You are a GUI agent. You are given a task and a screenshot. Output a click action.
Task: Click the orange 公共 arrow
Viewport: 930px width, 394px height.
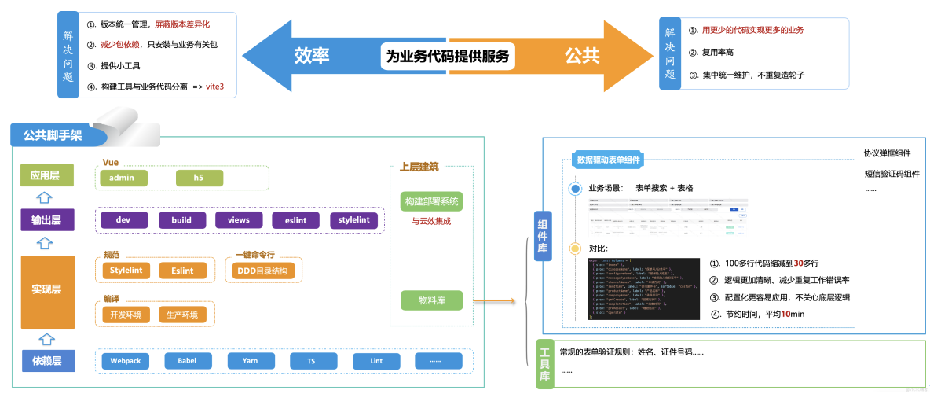click(582, 56)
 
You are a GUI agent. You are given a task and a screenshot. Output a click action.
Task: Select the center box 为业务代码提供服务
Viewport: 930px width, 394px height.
click(447, 56)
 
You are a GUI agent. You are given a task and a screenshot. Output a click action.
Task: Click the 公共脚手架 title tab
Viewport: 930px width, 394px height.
click(53, 134)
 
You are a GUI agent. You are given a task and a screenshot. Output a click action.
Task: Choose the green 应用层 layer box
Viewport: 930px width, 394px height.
click(45, 175)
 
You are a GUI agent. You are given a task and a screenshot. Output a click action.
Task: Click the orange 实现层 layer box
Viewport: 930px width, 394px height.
click(46, 290)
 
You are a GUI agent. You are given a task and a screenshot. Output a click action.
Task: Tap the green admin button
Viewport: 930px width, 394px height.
click(122, 178)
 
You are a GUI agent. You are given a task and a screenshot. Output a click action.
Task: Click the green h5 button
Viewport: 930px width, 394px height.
click(198, 178)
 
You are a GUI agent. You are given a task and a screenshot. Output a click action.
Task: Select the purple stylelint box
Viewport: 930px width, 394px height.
click(353, 220)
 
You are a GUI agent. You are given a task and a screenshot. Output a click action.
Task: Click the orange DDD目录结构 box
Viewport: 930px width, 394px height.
click(262, 271)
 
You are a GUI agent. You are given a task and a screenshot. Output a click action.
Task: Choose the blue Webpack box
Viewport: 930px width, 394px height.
click(125, 361)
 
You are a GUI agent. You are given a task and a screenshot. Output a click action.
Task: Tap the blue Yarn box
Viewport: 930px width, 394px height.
click(250, 361)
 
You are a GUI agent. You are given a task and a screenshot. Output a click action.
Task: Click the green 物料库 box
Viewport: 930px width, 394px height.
click(430, 300)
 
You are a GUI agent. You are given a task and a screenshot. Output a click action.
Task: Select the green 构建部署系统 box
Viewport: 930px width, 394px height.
click(430, 201)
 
